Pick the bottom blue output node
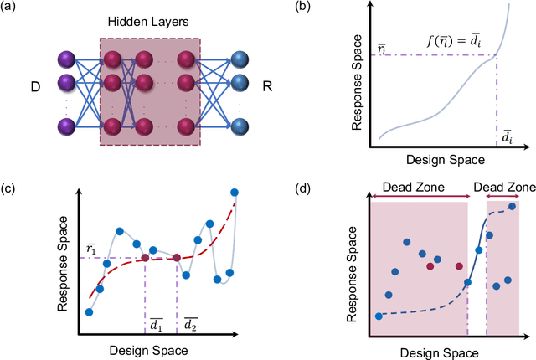239,126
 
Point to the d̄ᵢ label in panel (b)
507,136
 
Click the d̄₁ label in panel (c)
157,323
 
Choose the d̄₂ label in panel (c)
191,323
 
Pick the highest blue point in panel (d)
513,206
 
